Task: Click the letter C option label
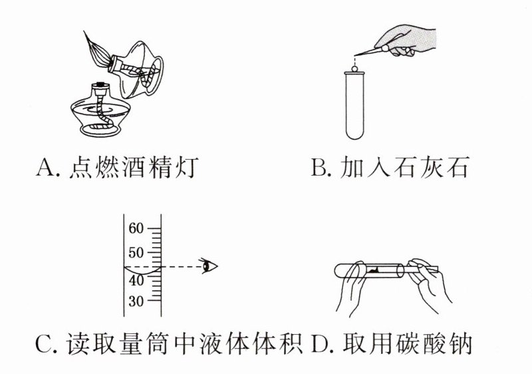pyautogui.click(x=44, y=346)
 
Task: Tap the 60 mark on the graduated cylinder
pyautogui.click(x=136, y=228)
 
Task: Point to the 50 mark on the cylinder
pyautogui.click(x=136, y=253)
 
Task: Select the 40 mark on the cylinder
pyautogui.click(x=136, y=280)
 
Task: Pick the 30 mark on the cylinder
pyautogui.click(x=136, y=301)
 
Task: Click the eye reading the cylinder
pyautogui.click(x=211, y=267)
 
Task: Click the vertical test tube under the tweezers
pyautogui.click(x=354, y=106)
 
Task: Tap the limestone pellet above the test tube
pyautogui.click(x=355, y=65)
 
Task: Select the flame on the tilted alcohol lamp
pyautogui.click(x=99, y=50)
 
